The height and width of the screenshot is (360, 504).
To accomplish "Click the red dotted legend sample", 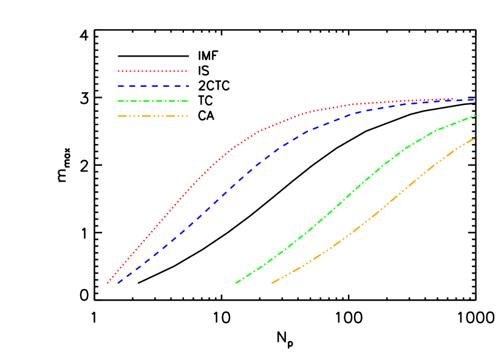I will [152, 71].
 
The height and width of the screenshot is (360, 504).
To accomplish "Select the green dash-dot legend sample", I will [152, 101].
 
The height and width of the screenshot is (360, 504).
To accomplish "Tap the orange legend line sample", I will [152, 115].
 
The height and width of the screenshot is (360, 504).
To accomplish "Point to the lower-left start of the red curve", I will [107, 283].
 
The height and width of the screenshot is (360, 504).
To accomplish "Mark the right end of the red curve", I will [453, 98].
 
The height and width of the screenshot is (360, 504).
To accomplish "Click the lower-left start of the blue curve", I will [118, 283].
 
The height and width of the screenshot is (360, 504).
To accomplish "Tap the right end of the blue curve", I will [474, 100].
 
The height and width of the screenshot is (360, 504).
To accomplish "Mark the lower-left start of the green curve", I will [236, 283].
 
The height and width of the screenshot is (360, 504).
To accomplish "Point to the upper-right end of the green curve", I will [475, 115].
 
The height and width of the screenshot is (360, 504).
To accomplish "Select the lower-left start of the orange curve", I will [271, 283].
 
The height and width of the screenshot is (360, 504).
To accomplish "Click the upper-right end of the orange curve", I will [475, 138].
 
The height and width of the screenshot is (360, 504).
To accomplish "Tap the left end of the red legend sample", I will [118, 71].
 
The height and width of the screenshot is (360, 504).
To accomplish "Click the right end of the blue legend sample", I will [188, 86].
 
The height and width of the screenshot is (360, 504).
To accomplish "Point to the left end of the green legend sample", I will [118, 101].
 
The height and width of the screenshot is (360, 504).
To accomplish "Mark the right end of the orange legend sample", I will [188, 115].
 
